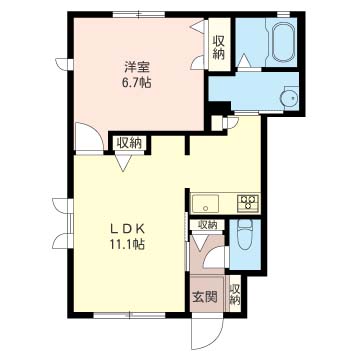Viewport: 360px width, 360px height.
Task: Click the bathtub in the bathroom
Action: click(x=282, y=42)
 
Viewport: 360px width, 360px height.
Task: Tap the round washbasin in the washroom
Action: click(x=290, y=98)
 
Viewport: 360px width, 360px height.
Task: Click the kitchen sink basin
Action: click(x=205, y=203)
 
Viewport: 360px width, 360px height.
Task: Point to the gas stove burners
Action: click(x=248, y=203)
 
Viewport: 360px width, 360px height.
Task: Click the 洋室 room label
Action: click(x=136, y=68)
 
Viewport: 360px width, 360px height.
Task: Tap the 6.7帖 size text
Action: click(x=136, y=83)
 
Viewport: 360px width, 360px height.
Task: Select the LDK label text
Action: click(x=127, y=229)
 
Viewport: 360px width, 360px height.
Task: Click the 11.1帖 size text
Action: click(x=127, y=245)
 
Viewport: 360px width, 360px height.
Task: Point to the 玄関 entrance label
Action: click(x=205, y=296)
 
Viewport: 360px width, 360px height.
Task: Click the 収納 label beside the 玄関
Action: click(x=235, y=294)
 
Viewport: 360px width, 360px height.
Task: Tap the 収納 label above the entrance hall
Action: click(x=207, y=225)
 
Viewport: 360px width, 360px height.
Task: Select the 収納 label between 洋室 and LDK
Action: click(x=129, y=143)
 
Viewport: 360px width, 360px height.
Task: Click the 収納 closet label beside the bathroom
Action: click(x=219, y=48)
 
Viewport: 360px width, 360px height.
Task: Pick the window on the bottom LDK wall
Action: click(x=129, y=315)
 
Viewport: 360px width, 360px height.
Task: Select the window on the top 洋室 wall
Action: click(x=138, y=15)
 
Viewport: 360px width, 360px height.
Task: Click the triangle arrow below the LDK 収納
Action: click(x=123, y=163)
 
